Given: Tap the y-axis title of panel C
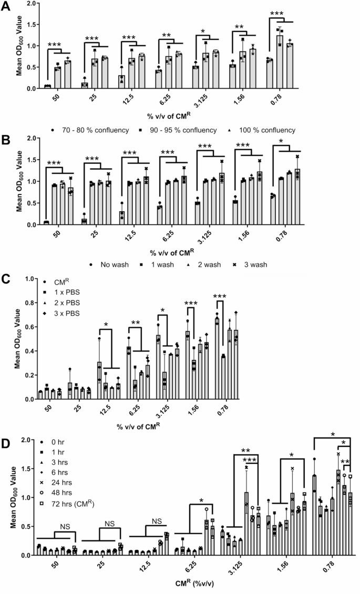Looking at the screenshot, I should [x=18, y=347].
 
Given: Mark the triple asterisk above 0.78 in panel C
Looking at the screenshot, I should [x=220, y=297].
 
